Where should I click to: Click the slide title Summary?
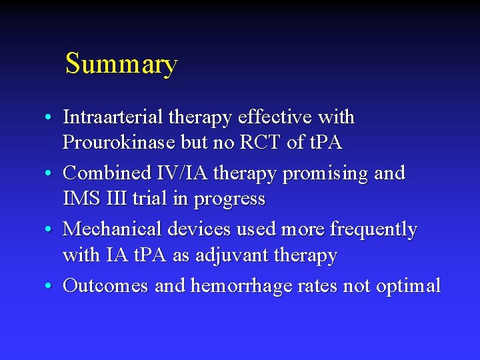click(x=121, y=64)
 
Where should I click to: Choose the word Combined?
click(x=107, y=173)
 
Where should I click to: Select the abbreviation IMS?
click(x=81, y=199)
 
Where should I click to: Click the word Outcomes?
click(x=106, y=286)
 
